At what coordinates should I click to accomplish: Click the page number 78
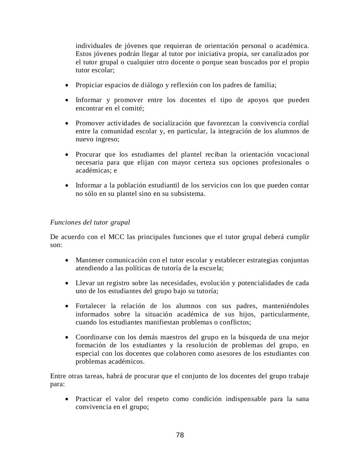[180, 435]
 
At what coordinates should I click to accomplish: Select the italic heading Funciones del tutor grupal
[90, 222]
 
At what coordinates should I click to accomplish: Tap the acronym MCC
[116, 237]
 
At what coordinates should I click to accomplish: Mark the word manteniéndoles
[285, 306]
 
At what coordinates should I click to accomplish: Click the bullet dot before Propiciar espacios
[67, 85]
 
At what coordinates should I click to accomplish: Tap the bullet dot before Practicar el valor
[67, 399]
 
